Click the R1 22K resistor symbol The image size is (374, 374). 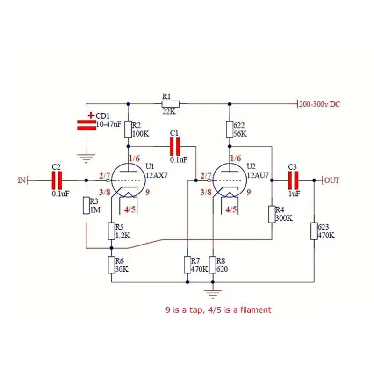click(x=171, y=104)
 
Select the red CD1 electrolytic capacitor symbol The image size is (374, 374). click(x=86, y=125)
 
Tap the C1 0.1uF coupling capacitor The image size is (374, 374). click(x=175, y=147)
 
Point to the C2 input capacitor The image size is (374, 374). click(x=57, y=180)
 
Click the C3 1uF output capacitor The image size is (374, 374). click(x=293, y=180)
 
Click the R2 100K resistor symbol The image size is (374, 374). click(x=128, y=129)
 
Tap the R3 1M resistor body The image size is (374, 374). click(x=86, y=205)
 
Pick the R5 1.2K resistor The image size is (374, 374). click(x=111, y=231)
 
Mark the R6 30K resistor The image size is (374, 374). click(x=111, y=265)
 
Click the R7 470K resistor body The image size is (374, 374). click(x=187, y=265)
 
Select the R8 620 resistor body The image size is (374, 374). click(x=213, y=265)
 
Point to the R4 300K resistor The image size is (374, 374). click(x=272, y=215)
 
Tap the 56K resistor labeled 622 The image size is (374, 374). click(x=230, y=129)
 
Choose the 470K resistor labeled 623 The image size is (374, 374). click(x=314, y=231)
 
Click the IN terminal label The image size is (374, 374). click(x=22, y=180)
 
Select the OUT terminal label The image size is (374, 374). click(x=332, y=180)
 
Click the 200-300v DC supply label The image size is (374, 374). click(x=320, y=104)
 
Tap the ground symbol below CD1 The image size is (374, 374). click(x=86, y=158)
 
